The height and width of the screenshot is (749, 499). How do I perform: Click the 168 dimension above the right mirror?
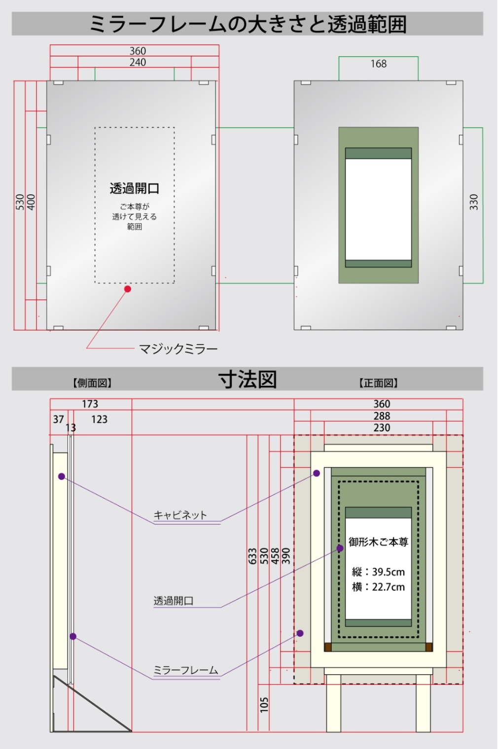378,64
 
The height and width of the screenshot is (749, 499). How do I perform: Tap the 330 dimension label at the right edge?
473,202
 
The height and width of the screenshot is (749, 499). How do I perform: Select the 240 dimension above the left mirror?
138,62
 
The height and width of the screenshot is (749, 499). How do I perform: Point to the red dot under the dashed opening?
127,289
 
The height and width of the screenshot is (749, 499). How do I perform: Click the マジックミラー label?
178,349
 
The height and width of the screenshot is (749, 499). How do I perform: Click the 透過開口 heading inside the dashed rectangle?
134,188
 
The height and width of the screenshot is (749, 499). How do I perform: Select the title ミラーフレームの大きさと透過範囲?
248,24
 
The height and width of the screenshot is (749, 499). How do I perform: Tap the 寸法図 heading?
248,379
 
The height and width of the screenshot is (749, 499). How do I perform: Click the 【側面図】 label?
92,383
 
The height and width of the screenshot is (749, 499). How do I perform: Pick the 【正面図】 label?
378,383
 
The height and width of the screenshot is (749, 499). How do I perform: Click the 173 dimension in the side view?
90,404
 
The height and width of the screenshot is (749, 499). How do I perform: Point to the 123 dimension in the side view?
99,419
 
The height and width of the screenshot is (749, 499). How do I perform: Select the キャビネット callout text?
180,515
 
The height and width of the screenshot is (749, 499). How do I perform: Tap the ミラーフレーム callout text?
185,670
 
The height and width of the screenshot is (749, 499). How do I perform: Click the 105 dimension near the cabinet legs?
264,704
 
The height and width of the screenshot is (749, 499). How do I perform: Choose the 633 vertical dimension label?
252,556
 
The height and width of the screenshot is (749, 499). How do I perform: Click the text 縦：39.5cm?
378,572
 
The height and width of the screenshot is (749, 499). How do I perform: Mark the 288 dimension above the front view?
381,416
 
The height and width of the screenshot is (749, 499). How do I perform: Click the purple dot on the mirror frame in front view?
300,633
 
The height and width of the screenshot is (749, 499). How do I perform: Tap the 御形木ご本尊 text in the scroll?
378,542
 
